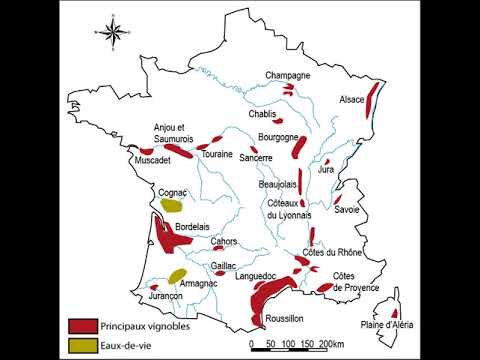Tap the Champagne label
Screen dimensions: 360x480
[287, 76]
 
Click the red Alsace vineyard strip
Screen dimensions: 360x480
[373, 98]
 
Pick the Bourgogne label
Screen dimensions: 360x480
[278, 136]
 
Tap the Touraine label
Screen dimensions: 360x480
[217, 155]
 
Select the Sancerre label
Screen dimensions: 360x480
[256, 158]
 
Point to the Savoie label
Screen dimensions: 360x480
[347, 210]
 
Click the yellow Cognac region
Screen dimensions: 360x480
[172, 205]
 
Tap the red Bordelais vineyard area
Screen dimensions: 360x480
[166, 241]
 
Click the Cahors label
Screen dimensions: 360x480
[223, 241]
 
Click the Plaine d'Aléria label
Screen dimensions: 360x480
[386, 326]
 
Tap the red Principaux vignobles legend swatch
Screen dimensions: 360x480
[82, 326]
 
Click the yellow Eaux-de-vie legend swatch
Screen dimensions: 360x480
[82, 346]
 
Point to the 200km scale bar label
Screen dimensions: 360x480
[330, 345]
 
